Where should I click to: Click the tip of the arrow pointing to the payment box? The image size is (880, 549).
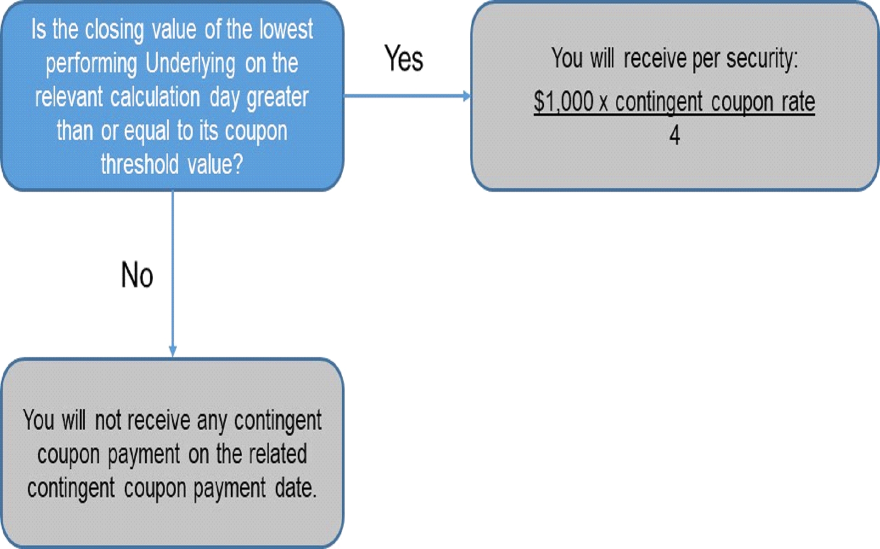(471, 96)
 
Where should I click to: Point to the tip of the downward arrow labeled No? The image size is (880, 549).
(173, 357)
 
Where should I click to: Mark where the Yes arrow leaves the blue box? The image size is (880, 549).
(344, 96)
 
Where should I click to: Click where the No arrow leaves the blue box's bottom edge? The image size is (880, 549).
(173, 190)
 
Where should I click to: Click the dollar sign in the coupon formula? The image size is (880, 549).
(539, 101)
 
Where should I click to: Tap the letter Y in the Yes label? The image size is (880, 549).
(391, 58)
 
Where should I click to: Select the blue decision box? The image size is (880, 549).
(172, 96)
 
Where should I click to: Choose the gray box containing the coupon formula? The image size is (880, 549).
(675, 96)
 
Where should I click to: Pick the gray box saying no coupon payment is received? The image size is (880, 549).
(172, 453)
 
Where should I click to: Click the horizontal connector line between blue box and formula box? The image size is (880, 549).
(407, 96)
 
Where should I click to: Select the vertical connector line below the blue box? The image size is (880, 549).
(173, 274)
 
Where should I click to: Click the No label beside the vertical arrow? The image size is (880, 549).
(137, 275)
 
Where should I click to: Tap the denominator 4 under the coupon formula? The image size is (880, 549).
(674, 135)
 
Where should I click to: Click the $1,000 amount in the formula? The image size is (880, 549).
(563, 101)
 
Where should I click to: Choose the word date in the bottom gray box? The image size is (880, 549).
(295, 488)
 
